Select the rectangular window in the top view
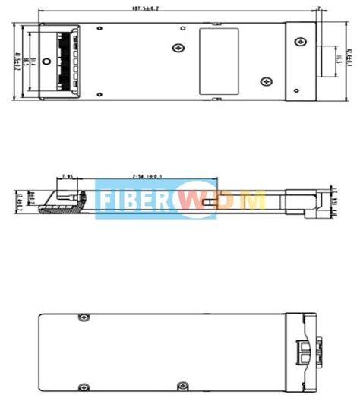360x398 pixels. tap(218, 61)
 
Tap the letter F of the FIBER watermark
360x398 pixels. tap(106, 200)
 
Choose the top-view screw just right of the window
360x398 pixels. tap(265, 81)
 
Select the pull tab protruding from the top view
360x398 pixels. tap(327, 59)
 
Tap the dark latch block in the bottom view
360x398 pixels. tap(305, 351)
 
